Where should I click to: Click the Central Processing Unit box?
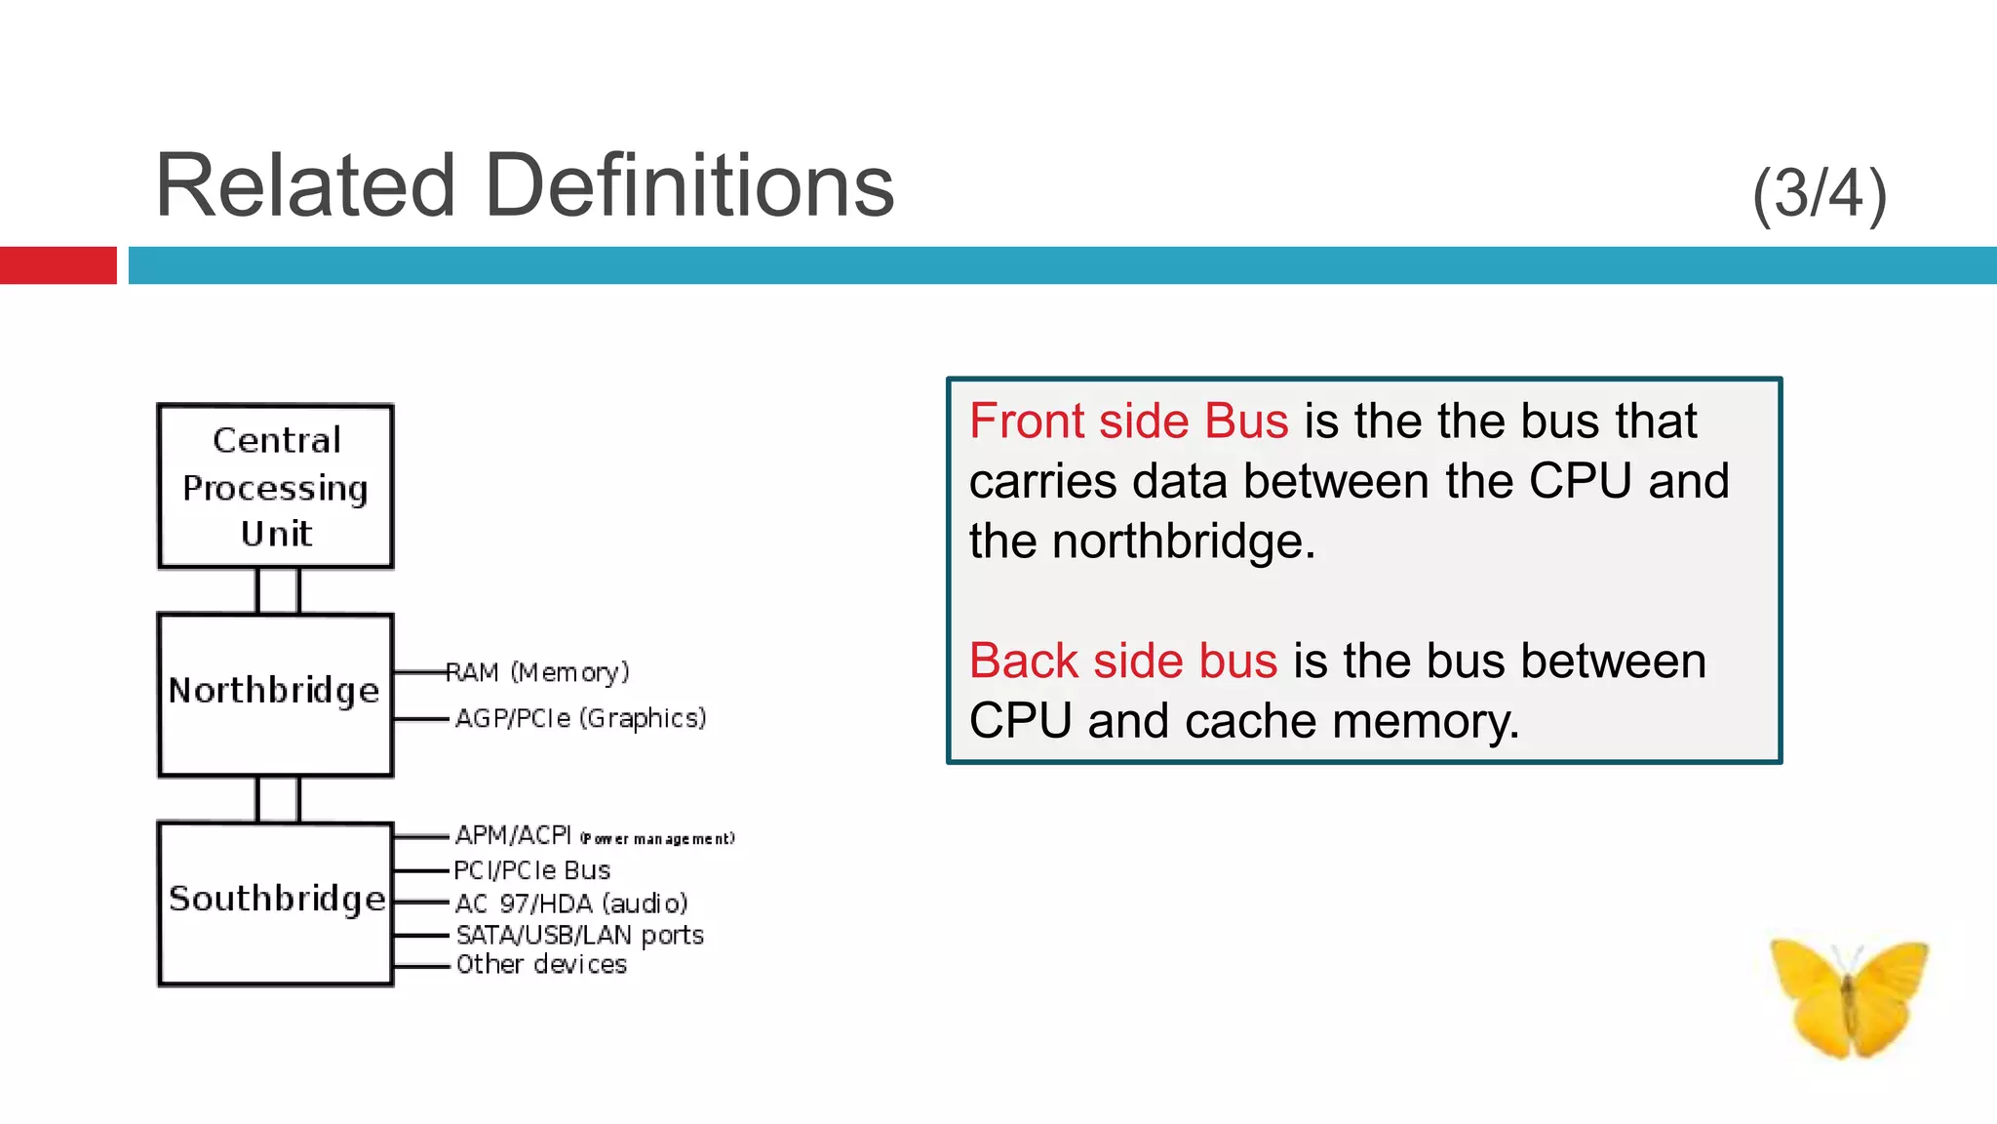pyautogui.click(x=276, y=486)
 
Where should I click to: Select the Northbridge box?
pyautogui.click(x=276, y=694)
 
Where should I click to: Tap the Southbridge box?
pyautogui.click(x=276, y=903)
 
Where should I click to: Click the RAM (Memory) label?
pyautogui.click(x=538, y=672)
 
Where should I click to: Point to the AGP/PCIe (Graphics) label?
pyautogui.click(x=581, y=718)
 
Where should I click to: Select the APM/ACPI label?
pyautogui.click(x=514, y=835)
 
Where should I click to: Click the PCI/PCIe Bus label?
pyautogui.click(x=532, y=869)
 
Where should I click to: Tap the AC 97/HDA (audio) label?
pyautogui.click(x=571, y=903)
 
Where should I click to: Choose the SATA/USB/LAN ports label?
pyautogui.click(x=580, y=935)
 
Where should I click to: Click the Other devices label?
pyautogui.click(x=541, y=965)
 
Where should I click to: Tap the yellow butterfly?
pyautogui.click(x=1849, y=995)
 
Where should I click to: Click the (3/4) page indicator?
pyautogui.click(x=1820, y=193)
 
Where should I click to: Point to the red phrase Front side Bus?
pyautogui.click(x=1129, y=421)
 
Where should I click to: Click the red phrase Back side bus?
pyautogui.click(x=1123, y=661)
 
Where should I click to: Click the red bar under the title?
pyautogui.click(x=59, y=265)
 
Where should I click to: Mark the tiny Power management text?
pyautogui.click(x=658, y=839)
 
